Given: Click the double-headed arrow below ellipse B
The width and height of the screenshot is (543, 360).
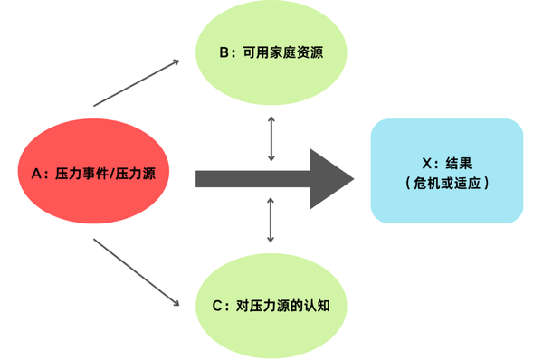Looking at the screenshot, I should coord(271,138).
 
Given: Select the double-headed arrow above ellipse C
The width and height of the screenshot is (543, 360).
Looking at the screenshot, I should coord(271,220).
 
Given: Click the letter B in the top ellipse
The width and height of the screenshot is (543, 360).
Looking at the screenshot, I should coord(225,52).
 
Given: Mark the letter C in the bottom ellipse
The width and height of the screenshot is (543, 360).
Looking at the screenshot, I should coord(218,305).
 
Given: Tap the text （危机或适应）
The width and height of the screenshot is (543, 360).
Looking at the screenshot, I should coord(446,183).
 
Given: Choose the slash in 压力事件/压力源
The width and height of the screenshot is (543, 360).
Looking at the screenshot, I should coord(112,173).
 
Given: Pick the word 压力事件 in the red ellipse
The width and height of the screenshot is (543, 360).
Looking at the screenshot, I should coord(82,173).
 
